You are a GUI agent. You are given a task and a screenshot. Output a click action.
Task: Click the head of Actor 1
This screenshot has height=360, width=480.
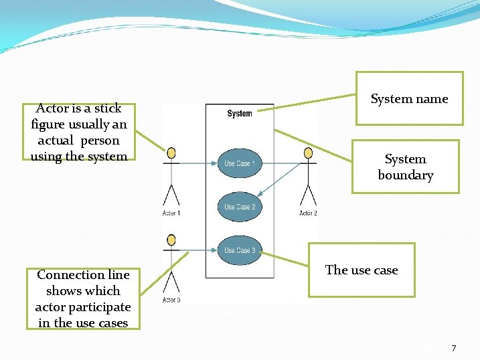(172, 153)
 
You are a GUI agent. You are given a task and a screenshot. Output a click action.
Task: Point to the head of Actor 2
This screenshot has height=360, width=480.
(308, 153)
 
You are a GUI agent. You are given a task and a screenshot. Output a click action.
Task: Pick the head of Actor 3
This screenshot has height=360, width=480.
(171, 240)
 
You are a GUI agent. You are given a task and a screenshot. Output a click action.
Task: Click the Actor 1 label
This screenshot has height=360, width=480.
(171, 213)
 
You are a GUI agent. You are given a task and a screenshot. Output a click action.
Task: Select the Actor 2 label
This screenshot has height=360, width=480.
(308, 213)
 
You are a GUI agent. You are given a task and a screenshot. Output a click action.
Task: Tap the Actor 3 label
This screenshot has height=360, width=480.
(171, 300)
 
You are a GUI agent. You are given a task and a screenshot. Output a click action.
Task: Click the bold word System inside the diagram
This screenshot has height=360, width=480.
(240, 114)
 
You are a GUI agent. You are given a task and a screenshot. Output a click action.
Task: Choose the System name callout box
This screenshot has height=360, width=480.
(409, 98)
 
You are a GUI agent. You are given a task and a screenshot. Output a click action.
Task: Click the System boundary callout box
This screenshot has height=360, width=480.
(405, 167)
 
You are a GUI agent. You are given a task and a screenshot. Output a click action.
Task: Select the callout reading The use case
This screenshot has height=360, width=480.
(362, 270)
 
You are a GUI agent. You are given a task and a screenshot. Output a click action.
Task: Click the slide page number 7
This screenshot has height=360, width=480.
(454, 348)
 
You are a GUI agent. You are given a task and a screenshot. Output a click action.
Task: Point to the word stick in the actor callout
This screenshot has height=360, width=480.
(108, 108)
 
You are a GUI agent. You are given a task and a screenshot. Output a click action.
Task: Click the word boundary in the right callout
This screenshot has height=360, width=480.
(406, 175)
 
